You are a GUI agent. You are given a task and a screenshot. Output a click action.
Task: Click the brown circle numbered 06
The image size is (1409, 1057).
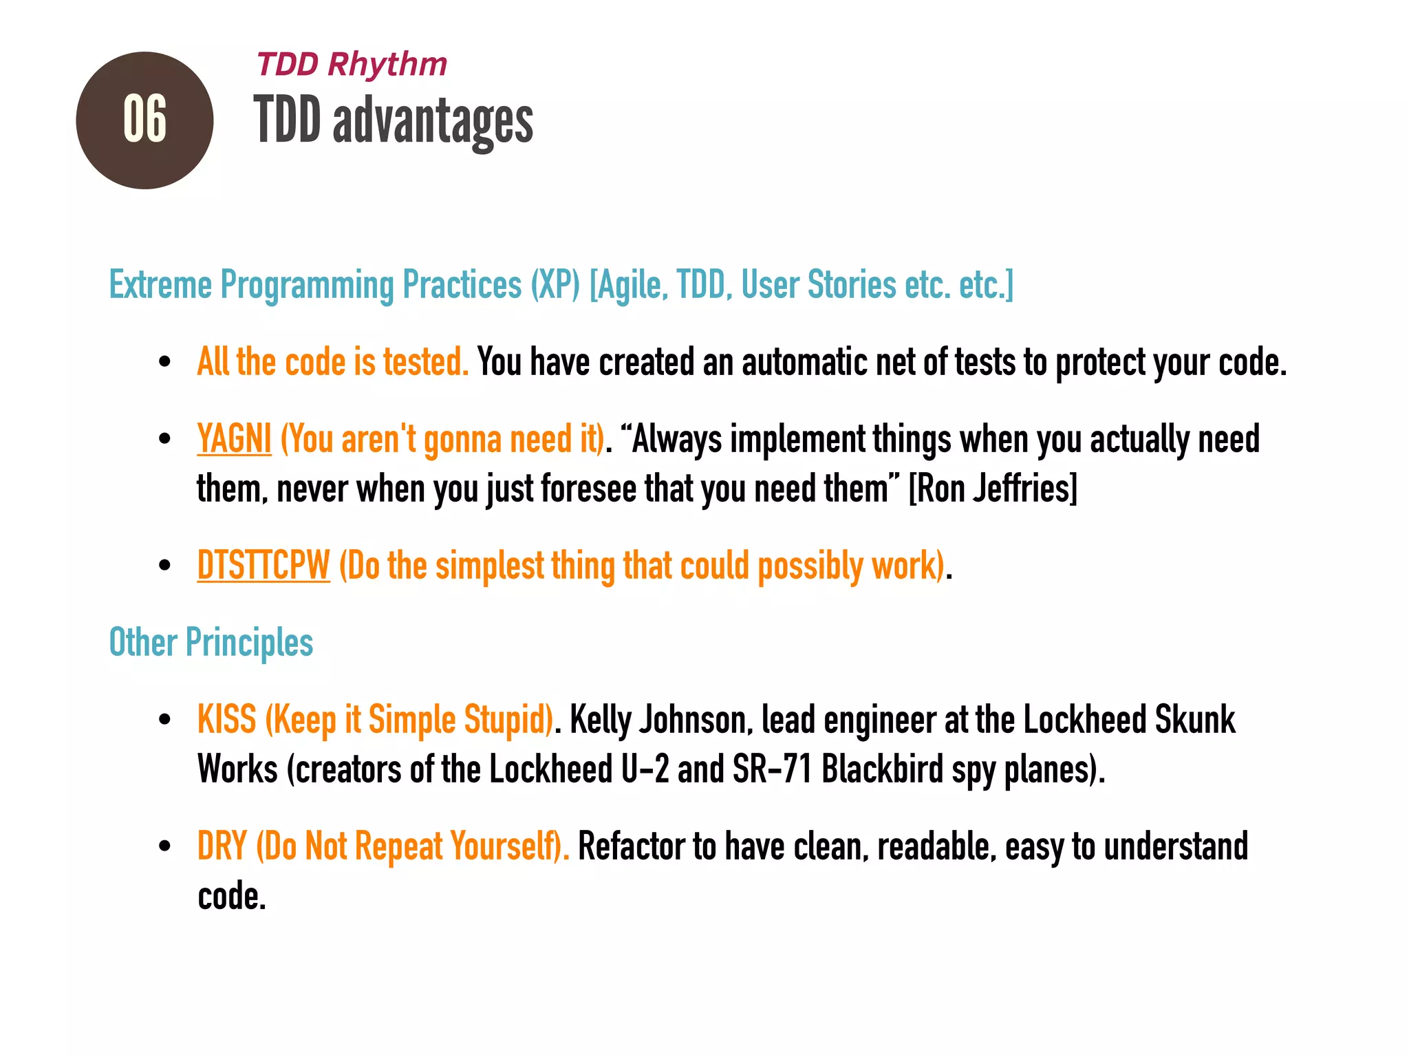coord(144,120)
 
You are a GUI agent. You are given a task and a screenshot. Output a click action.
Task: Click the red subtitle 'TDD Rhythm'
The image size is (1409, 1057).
coord(352,65)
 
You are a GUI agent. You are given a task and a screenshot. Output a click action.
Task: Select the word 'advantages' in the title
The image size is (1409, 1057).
coord(433,122)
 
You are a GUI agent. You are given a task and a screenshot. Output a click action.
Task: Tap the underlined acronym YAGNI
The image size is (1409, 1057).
coord(234,439)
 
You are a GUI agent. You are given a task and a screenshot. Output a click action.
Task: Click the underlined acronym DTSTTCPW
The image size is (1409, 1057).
coord(263,566)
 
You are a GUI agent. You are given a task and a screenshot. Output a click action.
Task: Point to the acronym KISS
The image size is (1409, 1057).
coord(226,720)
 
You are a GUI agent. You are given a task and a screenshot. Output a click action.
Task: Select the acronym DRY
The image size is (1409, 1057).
coord(222,846)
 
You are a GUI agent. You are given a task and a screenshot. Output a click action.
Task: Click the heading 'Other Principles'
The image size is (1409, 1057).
coord(211,643)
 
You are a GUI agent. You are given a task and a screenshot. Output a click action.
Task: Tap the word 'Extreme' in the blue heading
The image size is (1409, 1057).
coord(160,285)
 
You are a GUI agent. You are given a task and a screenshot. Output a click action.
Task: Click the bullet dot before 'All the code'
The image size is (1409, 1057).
coord(164,362)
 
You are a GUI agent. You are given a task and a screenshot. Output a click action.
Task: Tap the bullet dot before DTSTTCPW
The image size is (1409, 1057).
coord(164,566)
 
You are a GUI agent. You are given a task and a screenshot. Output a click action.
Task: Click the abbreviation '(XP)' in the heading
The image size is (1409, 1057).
coord(555,285)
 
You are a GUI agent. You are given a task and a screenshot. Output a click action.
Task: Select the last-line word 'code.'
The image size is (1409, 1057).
coord(232,897)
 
